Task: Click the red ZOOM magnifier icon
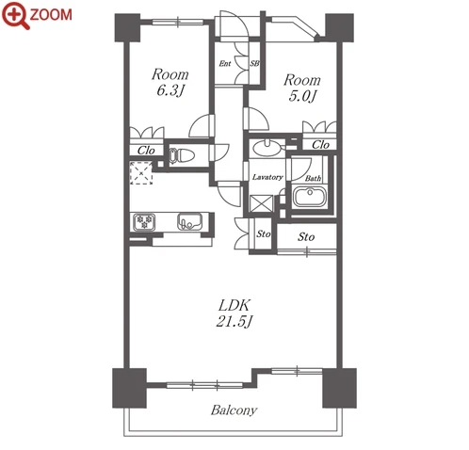click(x=15, y=15)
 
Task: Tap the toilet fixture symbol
click(x=182, y=155)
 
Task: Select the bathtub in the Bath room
click(x=310, y=196)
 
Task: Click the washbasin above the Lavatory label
click(x=267, y=148)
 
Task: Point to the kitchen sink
click(x=189, y=221)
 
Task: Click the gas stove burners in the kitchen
click(x=144, y=222)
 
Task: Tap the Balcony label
click(x=234, y=410)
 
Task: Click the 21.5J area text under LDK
click(x=234, y=321)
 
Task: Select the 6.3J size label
click(x=170, y=91)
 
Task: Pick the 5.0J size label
click(x=302, y=96)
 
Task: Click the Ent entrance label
click(x=225, y=64)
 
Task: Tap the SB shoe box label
click(x=254, y=63)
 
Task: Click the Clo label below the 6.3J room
click(x=146, y=151)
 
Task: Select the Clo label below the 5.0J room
click(x=320, y=145)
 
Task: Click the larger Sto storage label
click(x=306, y=236)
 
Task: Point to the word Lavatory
click(x=267, y=177)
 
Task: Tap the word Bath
click(x=313, y=178)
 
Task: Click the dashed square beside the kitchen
click(x=141, y=173)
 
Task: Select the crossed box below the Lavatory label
click(x=261, y=204)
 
